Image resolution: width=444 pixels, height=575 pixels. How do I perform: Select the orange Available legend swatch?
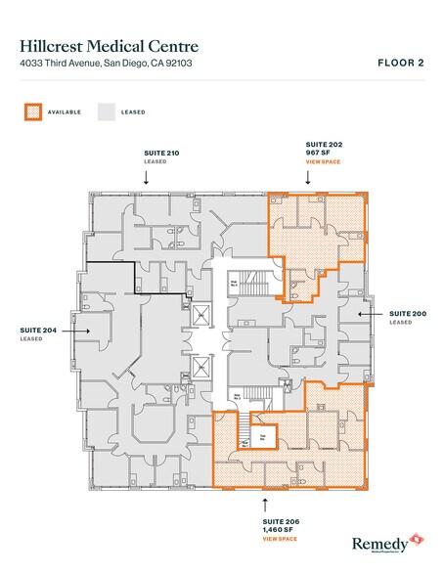point(30,111)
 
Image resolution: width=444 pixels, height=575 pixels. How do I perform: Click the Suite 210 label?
point(147,154)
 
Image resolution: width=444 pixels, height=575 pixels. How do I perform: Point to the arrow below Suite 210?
point(147,178)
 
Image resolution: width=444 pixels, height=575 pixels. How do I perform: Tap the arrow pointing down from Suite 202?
point(308,178)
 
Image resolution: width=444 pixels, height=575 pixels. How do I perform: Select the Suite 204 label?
point(35,331)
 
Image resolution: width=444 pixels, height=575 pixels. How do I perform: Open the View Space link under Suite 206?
point(279,539)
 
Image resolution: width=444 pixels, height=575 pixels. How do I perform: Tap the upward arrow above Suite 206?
point(266,505)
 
